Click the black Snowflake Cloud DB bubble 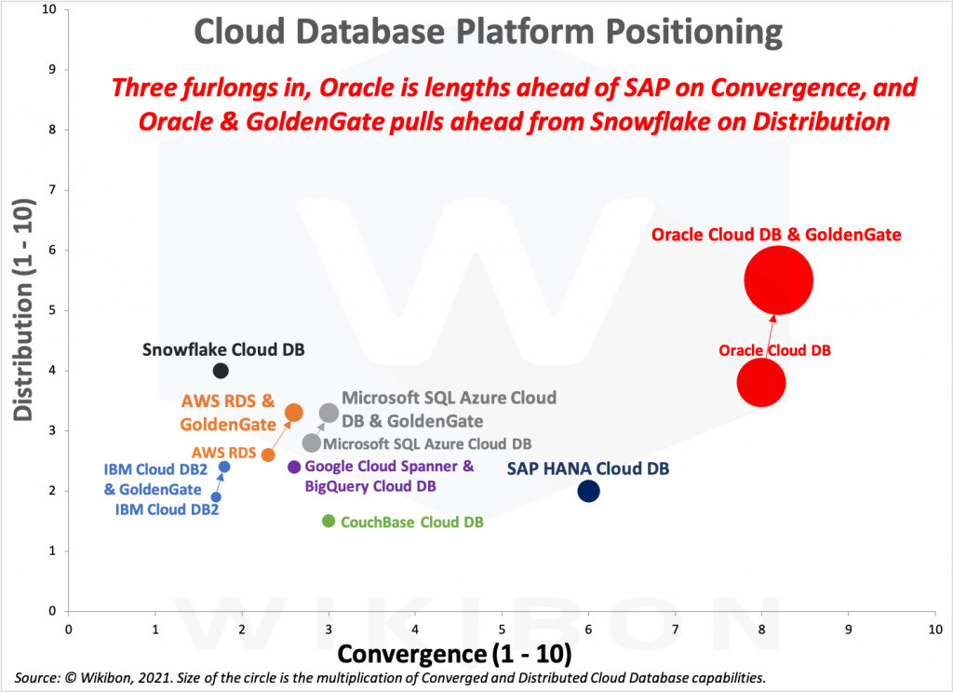(x=221, y=371)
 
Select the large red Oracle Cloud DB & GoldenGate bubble (x=779, y=280)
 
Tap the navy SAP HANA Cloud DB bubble (x=588, y=491)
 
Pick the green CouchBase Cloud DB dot (x=329, y=521)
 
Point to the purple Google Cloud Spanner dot (x=294, y=467)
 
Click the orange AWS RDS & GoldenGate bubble (x=293, y=413)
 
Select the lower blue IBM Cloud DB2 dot (x=216, y=497)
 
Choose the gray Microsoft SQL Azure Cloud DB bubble (x=312, y=443)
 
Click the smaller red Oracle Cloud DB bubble (x=761, y=382)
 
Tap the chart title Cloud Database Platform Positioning (x=488, y=33)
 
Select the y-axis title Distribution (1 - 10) (x=24, y=308)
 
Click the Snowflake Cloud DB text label (x=223, y=350)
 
